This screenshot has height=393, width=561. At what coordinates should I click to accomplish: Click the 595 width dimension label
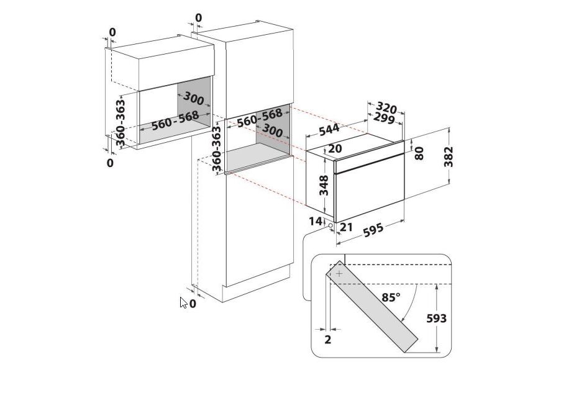pos(373,230)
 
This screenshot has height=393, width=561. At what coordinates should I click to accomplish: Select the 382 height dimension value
pos(448,156)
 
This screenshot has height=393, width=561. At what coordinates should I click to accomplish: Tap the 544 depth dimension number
pos(329,130)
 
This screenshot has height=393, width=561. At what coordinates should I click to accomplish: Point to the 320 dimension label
pos(387,107)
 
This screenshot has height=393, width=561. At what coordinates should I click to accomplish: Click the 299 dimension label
pos(384,119)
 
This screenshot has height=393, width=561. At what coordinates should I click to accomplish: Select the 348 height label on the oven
pos(324,185)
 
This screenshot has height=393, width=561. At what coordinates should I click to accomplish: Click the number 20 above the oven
pos(335,148)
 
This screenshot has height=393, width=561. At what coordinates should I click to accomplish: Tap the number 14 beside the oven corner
pos(316,222)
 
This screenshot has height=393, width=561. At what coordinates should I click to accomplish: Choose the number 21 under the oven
pos(346,227)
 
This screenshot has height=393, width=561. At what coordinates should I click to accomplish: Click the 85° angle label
pos(391,297)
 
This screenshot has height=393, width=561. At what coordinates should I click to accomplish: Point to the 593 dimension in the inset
pos(437,318)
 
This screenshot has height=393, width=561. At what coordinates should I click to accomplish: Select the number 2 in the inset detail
pos(328,340)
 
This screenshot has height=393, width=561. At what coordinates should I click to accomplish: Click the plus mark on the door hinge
pos(339,274)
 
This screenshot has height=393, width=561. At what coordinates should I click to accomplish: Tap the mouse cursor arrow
pos(183,302)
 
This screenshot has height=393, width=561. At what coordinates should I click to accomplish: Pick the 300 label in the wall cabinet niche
pos(194,98)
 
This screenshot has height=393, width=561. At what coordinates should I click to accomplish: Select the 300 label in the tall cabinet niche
pos(272,130)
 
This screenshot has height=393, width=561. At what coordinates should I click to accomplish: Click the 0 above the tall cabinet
pos(199,17)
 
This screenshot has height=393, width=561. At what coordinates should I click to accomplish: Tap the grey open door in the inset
pos(372,306)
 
